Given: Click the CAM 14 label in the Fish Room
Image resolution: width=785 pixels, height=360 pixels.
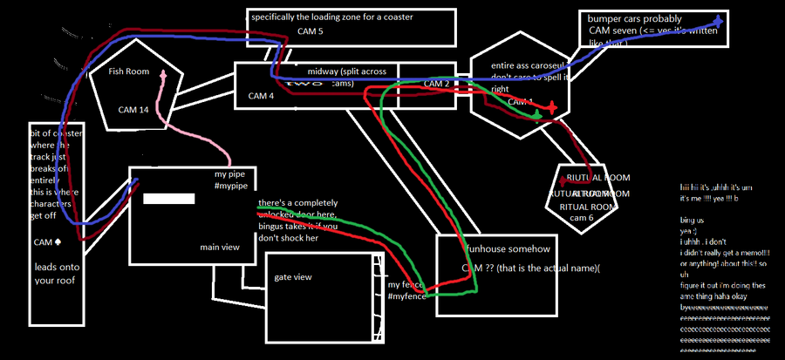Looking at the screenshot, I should coord(133,110).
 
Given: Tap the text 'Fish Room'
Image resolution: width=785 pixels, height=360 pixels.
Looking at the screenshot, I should coord(130,73).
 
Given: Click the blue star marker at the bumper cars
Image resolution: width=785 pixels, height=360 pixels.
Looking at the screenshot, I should coord(717,20).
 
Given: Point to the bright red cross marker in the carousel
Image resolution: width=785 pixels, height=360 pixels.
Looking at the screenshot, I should coord(551,108).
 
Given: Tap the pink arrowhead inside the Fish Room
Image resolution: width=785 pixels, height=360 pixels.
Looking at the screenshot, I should coord(162,75).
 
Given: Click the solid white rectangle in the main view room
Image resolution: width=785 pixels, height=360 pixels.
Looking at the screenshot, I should coord(168,199).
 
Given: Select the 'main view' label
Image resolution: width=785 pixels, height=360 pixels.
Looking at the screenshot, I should coord(219,248).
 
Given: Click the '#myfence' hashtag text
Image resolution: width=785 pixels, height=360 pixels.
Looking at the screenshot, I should coord(406,297).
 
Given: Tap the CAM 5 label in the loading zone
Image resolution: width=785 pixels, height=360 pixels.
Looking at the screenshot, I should coord(311,32).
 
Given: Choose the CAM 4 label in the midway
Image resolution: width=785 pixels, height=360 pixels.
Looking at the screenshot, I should coord(261,96).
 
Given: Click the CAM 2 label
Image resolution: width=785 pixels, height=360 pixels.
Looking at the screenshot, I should coord(436,84).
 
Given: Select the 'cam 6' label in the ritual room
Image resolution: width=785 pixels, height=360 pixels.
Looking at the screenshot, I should coord(580,217).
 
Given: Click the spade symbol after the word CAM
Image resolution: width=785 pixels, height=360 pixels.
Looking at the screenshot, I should coord(58,241).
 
